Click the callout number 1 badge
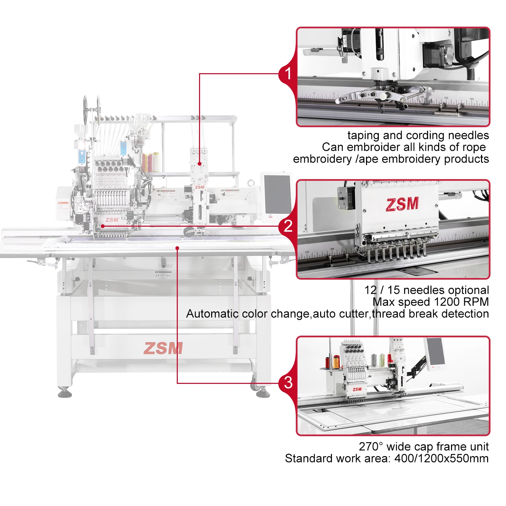point(288,74)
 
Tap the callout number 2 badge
point(288,226)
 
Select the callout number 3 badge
point(288,383)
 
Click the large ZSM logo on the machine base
point(163,348)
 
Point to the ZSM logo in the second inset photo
point(402,204)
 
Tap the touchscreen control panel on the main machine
point(277,194)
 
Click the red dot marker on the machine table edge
point(177,248)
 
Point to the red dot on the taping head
point(200,164)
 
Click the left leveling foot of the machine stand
point(64,393)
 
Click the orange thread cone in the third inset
point(336,362)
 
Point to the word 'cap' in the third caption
point(423,447)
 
